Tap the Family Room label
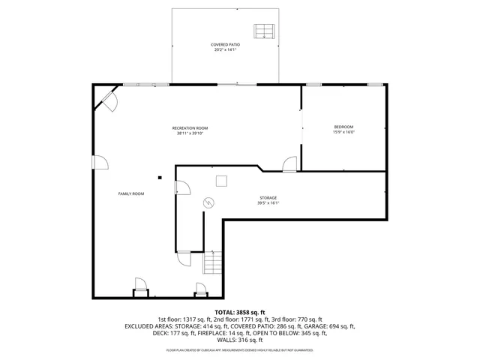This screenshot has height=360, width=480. click(131, 193)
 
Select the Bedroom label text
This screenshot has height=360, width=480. click(343, 127)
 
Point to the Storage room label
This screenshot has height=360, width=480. click(268, 197)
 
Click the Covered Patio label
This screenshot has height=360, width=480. click(225, 45)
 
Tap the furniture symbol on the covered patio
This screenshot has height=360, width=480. click(264, 31)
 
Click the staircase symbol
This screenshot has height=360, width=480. click(213, 264)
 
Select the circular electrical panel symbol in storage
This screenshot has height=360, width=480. click(208, 202)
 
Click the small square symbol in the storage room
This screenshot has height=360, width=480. click(222, 180)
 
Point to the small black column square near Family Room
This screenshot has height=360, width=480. click(159, 178)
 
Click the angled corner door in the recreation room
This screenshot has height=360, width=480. click(107, 101)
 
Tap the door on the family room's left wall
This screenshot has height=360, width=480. click(97, 163)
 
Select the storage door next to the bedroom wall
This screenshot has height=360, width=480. click(289, 164)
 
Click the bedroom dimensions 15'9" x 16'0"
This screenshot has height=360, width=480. click(343, 133)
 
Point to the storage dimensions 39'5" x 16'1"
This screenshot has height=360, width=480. click(268, 202)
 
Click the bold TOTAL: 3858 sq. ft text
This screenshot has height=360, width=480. click(240, 312)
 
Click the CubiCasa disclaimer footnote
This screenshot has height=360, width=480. click(240, 350)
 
